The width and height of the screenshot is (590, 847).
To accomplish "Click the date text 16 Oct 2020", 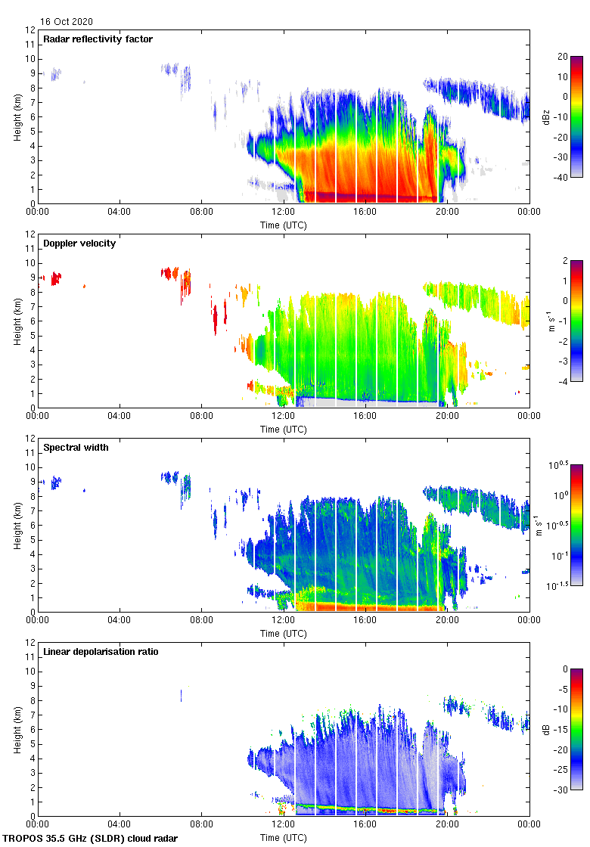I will (x=67, y=22).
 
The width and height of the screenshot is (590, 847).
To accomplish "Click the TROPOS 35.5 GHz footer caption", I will (x=91, y=839).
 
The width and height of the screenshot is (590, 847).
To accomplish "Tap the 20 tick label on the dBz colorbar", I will (x=563, y=57).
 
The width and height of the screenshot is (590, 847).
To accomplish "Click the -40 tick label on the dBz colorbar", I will (x=563, y=177).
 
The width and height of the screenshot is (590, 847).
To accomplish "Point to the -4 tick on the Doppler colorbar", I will (x=564, y=381).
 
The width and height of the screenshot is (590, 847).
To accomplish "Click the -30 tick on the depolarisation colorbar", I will (x=563, y=790).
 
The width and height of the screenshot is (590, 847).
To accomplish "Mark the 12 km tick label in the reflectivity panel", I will (x=30, y=30).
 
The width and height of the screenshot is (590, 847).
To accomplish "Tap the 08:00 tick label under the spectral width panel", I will (x=201, y=620).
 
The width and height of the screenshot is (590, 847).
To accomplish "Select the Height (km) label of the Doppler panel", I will (x=17, y=321).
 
